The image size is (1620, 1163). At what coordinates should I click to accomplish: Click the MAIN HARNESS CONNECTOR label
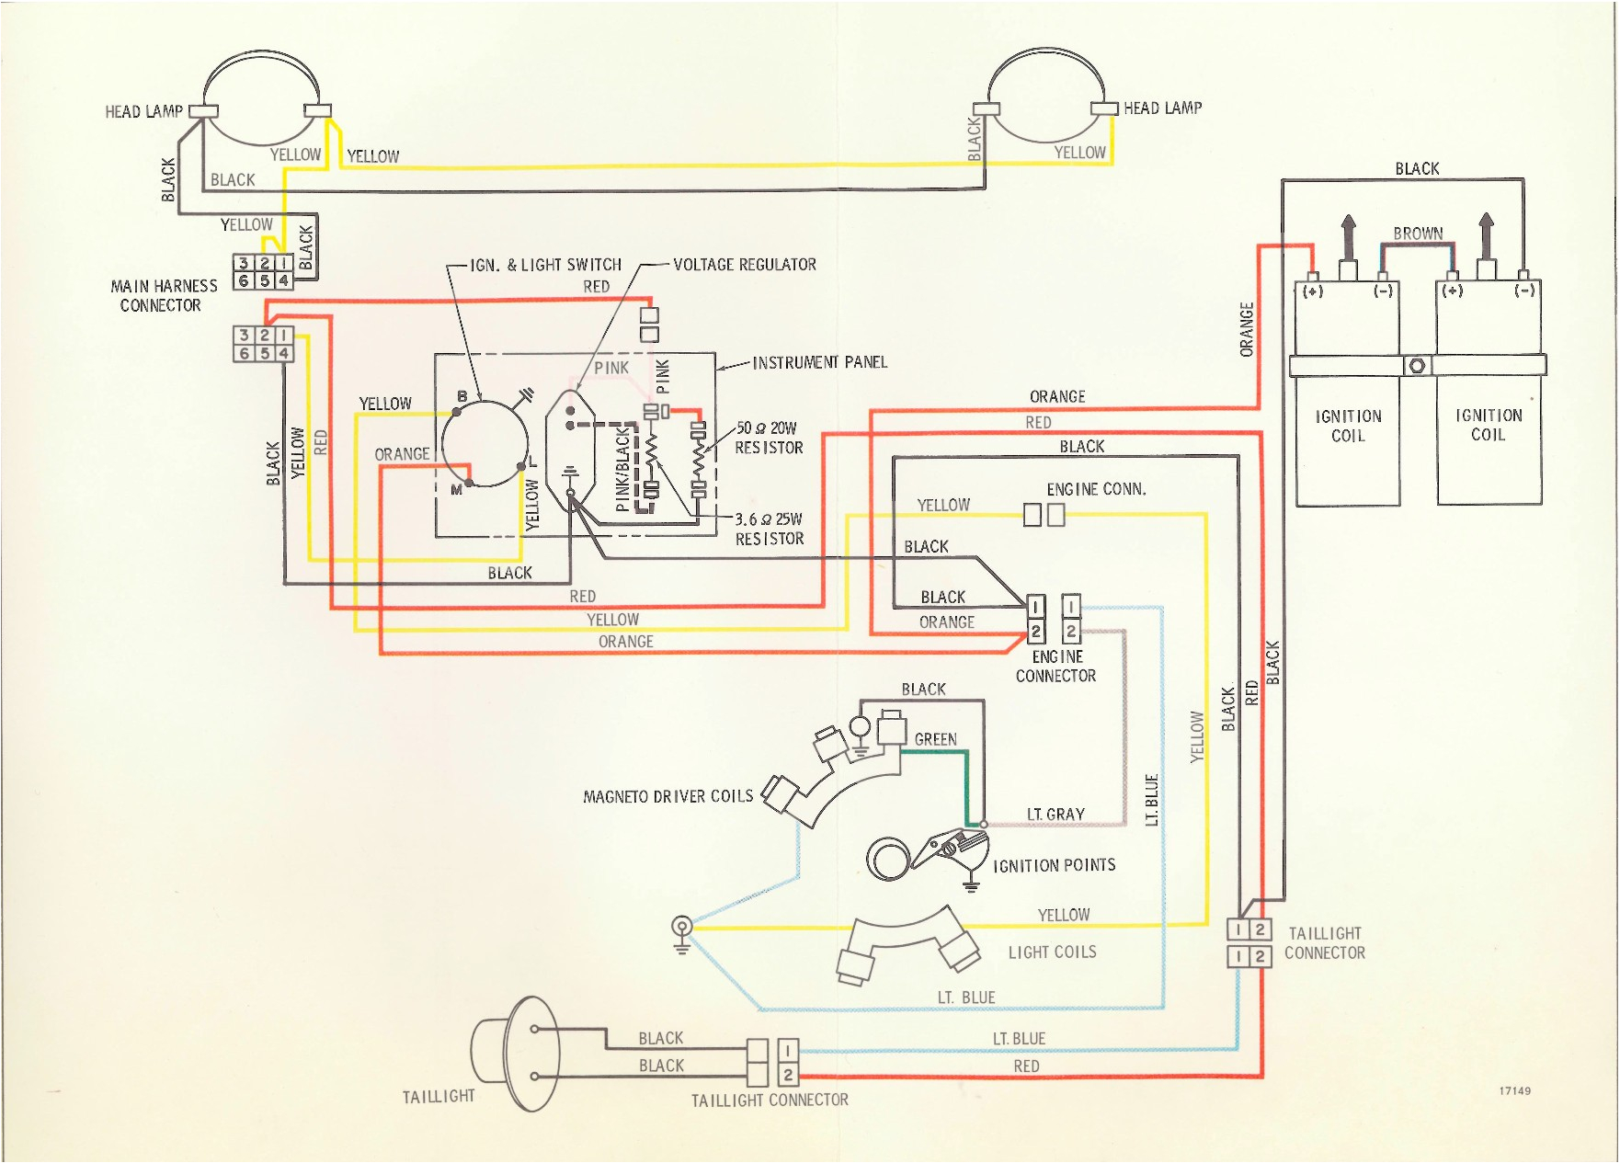tap(164, 296)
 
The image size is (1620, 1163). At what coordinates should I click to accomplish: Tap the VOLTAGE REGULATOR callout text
tap(744, 265)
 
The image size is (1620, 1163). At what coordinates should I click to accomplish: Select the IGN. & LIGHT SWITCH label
tap(545, 265)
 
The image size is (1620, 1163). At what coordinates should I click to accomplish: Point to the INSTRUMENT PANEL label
tap(819, 362)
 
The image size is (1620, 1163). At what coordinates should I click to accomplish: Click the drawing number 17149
tap(1514, 1091)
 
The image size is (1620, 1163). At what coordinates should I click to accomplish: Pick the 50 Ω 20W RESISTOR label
tap(768, 438)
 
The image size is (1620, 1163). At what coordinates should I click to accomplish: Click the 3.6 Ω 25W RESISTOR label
tap(769, 529)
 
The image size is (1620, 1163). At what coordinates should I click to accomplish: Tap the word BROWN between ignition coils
tap(1418, 234)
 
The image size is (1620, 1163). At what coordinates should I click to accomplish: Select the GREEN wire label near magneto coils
tap(935, 739)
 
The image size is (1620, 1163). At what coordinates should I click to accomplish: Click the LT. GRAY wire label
tap(1055, 815)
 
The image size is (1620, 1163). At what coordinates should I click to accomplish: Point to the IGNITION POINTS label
tap(1054, 865)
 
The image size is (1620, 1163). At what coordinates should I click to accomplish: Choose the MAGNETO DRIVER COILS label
tap(667, 796)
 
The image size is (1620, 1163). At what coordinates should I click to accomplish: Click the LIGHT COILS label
tap(1052, 952)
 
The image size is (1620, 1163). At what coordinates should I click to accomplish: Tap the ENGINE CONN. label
tap(1096, 489)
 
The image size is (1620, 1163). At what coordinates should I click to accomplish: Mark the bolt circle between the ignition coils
tap(1417, 366)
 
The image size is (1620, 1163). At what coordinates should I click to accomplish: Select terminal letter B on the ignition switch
tap(462, 396)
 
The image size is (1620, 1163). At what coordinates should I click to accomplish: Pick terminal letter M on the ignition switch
tap(456, 490)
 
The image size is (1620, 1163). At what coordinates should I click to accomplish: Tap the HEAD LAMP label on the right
tap(1162, 108)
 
